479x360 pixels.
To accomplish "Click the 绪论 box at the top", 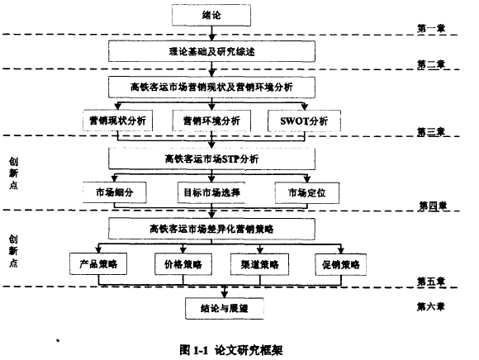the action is click(x=211, y=15).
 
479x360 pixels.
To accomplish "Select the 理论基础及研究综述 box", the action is click(x=211, y=51).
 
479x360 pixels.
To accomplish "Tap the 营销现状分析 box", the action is click(x=117, y=121).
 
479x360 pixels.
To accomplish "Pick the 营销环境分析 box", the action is click(x=211, y=121).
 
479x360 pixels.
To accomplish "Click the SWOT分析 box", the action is click(x=304, y=121).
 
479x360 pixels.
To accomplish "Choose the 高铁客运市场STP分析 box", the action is click(x=211, y=159).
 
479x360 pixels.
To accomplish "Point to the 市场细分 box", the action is click(x=115, y=192).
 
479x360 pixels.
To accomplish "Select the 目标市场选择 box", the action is click(x=211, y=192).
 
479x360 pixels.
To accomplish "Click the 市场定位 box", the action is click(x=307, y=193).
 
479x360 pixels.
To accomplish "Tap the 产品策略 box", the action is click(x=98, y=264).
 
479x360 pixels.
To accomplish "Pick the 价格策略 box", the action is click(x=183, y=264).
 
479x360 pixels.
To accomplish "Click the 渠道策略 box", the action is click(x=260, y=264).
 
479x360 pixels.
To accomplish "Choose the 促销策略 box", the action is click(x=341, y=264).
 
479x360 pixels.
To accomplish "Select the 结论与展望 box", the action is click(x=225, y=309).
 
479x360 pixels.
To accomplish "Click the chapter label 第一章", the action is click(x=431, y=28).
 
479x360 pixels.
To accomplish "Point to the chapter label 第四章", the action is click(x=433, y=206).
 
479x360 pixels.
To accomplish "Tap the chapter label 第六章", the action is click(x=431, y=306).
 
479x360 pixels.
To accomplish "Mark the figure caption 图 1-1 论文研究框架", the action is click(x=231, y=350).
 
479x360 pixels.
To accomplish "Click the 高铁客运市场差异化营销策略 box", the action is click(x=211, y=229).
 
